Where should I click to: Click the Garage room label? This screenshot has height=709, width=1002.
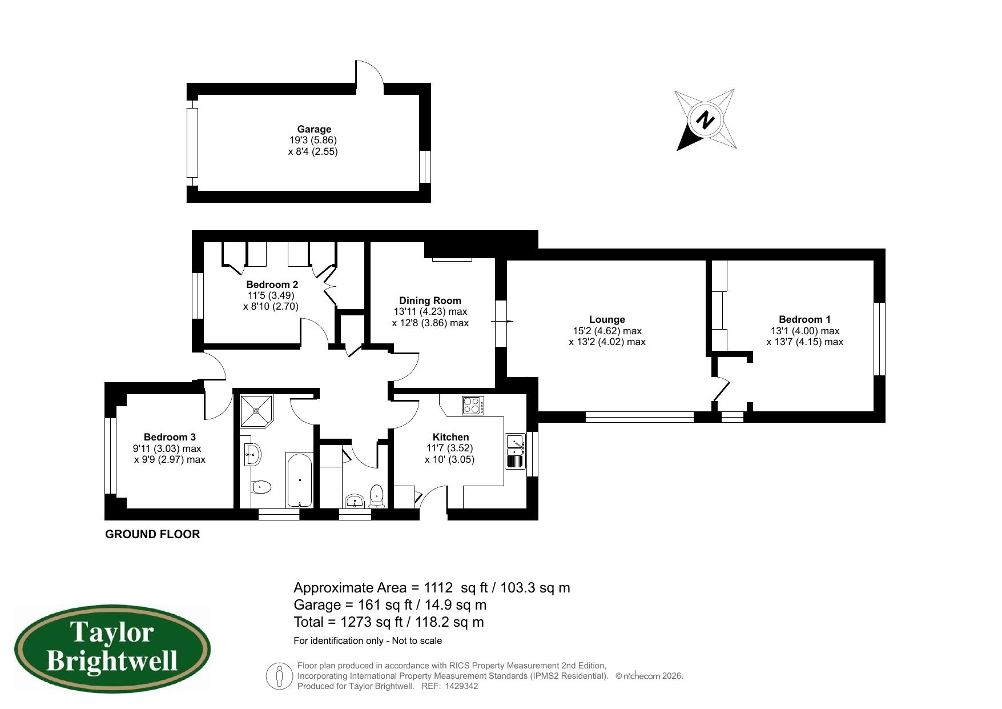tap(313, 129)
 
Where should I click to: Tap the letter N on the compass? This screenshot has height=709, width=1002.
tap(706, 121)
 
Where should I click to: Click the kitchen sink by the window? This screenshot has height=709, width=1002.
tap(516, 451)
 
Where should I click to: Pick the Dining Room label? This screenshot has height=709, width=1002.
tap(430, 301)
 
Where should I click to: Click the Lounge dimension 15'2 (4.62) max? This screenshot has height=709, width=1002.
tap(607, 331)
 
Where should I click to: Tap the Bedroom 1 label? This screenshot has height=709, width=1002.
tap(804, 319)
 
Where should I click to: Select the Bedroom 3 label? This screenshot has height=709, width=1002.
tap(170, 437)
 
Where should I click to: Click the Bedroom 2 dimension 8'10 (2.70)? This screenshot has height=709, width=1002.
tap(271, 306)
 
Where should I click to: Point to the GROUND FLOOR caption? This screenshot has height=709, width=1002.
tap(152, 534)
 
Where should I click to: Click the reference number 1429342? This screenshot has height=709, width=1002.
tap(461, 686)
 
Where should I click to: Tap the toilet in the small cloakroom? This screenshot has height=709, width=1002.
tap(376, 495)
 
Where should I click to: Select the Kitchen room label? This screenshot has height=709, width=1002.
tap(450, 437)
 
